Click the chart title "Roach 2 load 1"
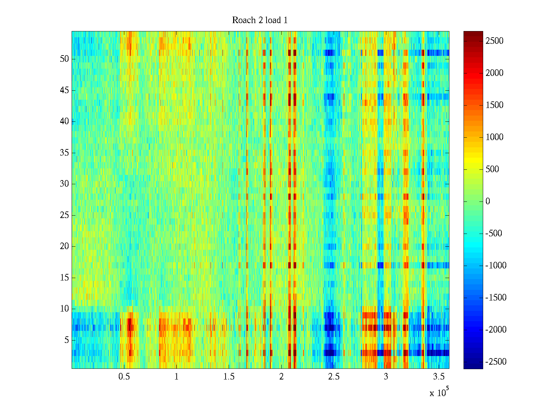[260, 20]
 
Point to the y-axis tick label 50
[64, 59]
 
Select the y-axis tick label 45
[64, 90]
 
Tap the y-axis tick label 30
[64, 184]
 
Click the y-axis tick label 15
[64, 278]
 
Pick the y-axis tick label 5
[66, 340]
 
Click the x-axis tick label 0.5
[124, 377]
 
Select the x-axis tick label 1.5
[229, 377]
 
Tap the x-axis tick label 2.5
[334, 377]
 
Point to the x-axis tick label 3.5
[438, 377]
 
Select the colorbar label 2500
[495, 41]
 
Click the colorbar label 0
[488, 201]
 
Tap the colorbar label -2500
[496, 362]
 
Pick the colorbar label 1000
[495, 137]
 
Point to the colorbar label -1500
[496, 298]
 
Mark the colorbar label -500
[494, 234]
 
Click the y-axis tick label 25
[64, 215]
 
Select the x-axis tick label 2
[281, 377]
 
